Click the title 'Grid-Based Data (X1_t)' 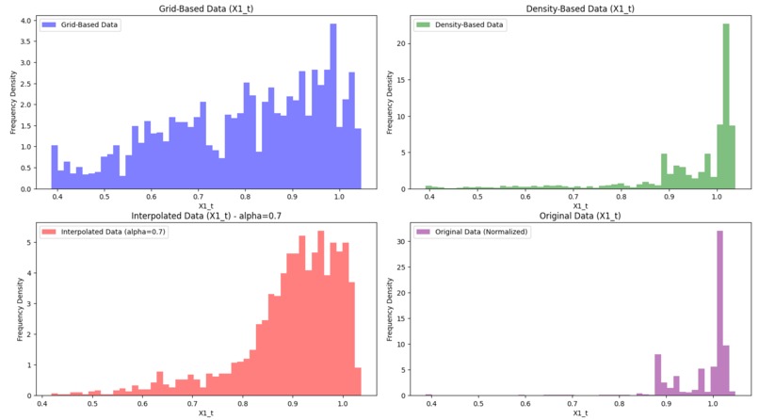[199, 8]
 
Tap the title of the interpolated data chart [199, 217]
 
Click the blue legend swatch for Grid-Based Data [50, 24]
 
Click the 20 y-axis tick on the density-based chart [401, 43]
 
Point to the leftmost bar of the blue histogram [55, 167]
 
